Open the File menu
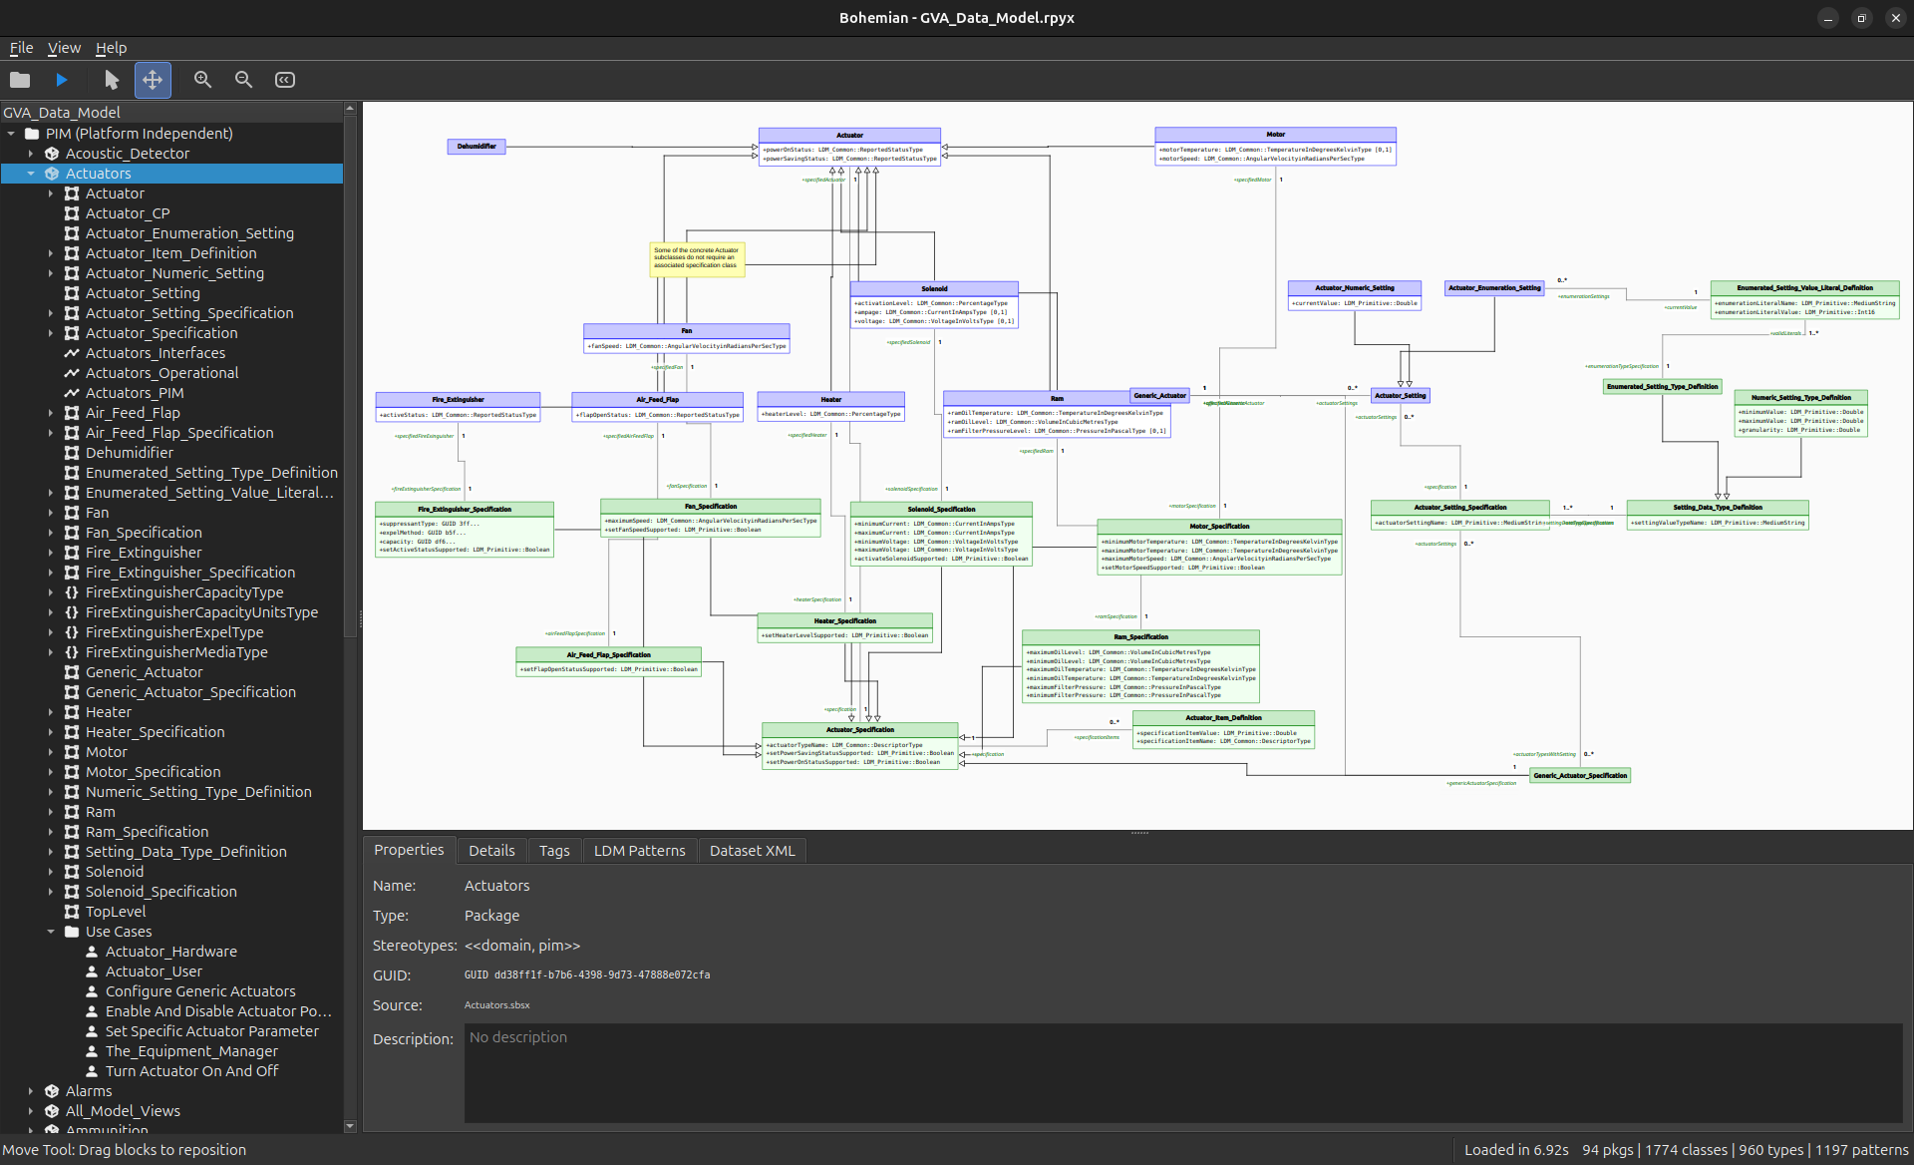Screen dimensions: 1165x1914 point(21,48)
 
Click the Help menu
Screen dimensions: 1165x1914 point(111,48)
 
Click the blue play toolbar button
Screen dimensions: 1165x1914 point(62,80)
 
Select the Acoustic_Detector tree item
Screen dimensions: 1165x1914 point(127,154)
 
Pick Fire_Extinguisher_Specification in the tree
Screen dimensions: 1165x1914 point(189,573)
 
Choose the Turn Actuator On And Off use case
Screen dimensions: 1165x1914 point(191,1071)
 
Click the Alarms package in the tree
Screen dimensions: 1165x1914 point(89,1091)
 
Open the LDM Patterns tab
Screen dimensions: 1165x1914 point(639,851)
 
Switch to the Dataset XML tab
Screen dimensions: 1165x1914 point(752,851)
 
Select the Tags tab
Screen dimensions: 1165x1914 point(554,851)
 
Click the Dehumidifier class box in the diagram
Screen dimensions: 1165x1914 point(477,147)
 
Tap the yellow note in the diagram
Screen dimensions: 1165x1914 point(697,258)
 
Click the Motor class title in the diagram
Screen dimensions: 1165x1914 point(1275,135)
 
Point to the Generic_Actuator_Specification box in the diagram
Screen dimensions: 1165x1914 point(1580,775)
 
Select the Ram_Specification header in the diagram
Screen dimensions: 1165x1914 point(1140,637)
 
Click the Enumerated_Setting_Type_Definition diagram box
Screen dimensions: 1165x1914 point(1662,387)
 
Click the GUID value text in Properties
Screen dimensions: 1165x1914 point(587,975)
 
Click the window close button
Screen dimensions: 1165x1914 point(1895,18)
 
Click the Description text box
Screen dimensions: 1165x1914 point(1182,1073)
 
